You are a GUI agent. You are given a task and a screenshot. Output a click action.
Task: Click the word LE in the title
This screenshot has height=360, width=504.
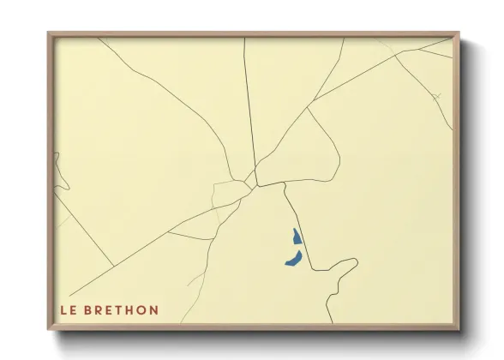pos(68,310)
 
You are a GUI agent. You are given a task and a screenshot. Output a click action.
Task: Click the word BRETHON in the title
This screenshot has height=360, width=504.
pos(123,310)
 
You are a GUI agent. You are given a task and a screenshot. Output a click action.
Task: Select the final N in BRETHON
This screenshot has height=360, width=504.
pos(154,310)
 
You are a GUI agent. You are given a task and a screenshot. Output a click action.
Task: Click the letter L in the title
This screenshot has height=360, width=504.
pos(63,310)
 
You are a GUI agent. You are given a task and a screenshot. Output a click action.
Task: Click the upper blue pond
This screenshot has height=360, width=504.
pos(296,237)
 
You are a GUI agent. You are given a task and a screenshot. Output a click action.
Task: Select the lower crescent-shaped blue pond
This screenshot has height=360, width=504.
pos(293,258)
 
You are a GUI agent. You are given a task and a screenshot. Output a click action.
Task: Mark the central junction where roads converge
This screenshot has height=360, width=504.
pos(252,181)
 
